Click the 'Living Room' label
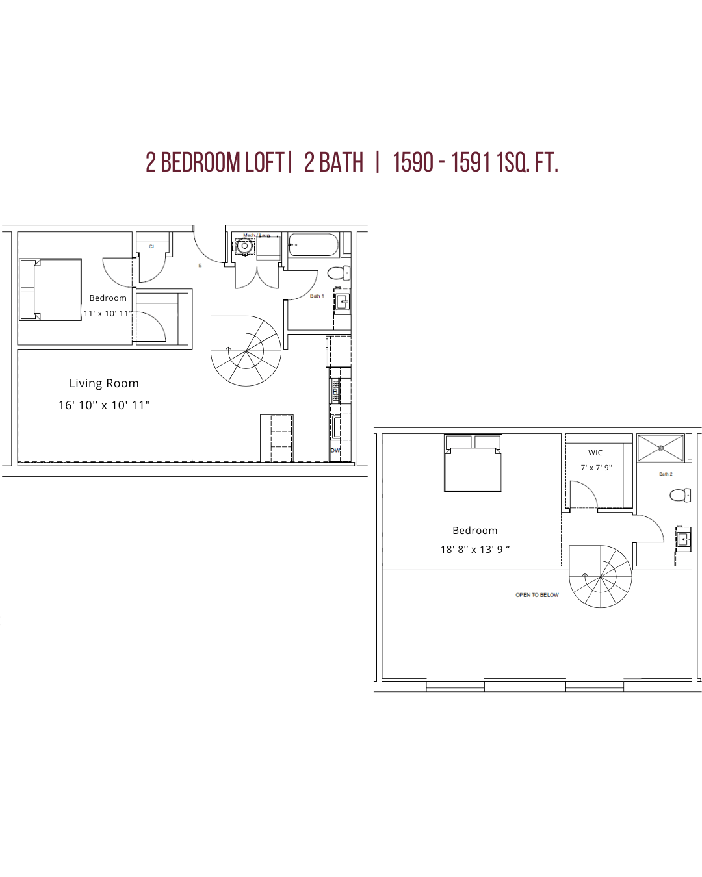click(104, 383)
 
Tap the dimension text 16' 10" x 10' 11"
click(104, 405)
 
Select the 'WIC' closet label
click(595, 453)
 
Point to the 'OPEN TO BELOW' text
click(537, 595)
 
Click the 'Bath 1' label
click(317, 296)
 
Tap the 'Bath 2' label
click(666, 474)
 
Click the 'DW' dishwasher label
click(335, 450)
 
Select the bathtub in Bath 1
click(313, 245)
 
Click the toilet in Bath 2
click(680, 496)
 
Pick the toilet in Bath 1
click(338, 272)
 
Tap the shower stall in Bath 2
click(660, 448)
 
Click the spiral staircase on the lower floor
click(246, 351)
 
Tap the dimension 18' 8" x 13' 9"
click(475, 550)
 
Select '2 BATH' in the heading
click(333, 162)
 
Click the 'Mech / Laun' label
click(256, 235)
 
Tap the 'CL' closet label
click(152, 247)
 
